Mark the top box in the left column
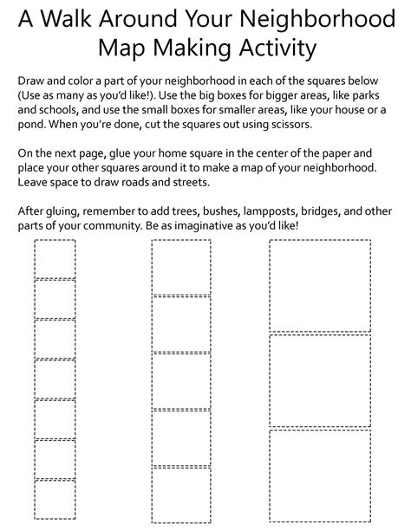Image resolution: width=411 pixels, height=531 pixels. (x=55, y=259)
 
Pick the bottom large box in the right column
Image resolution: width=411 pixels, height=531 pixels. (x=320, y=475)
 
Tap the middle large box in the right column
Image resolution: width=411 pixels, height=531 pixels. (x=320, y=381)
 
